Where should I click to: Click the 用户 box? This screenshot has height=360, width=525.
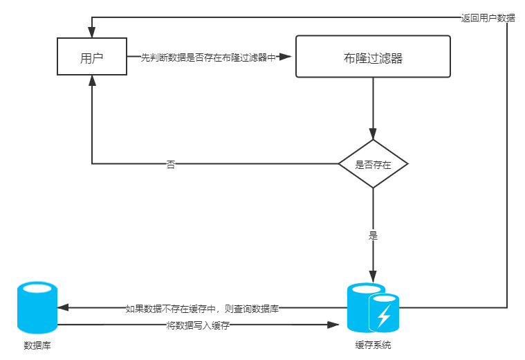click(x=91, y=57)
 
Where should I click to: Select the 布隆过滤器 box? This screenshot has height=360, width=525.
click(x=373, y=57)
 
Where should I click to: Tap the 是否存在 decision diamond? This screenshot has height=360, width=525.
click(x=373, y=164)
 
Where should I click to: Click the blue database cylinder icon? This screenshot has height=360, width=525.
click(x=37, y=307)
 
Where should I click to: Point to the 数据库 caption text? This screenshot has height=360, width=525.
click(x=37, y=345)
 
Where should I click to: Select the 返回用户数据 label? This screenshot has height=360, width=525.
click(x=488, y=18)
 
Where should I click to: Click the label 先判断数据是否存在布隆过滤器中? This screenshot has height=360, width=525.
click(x=208, y=57)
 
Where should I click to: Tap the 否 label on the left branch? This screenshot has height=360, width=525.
click(x=171, y=164)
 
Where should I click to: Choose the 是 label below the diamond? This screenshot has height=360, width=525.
click(x=373, y=235)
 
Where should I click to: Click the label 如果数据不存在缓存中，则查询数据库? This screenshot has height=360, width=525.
click(x=202, y=308)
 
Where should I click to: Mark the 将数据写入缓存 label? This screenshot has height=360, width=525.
click(x=198, y=325)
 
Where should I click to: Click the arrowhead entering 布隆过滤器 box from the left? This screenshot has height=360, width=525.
click(x=290, y=57)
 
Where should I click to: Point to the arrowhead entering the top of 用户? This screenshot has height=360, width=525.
click(x=91, y=33)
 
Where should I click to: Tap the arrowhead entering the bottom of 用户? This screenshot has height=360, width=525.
click(x=91, y=81)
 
